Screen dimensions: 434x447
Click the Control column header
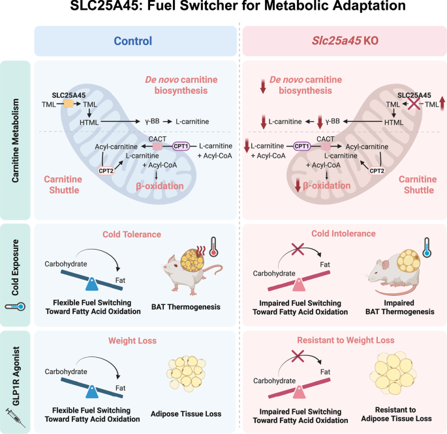(133, 40)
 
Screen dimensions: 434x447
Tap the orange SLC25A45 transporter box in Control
(68, 103)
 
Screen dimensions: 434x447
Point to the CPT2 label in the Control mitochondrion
(106, 171)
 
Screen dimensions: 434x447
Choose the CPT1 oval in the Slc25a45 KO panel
(301, 147)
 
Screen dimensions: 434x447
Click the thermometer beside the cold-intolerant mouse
(425, 248)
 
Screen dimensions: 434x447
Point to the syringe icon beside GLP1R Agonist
(15, 414)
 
